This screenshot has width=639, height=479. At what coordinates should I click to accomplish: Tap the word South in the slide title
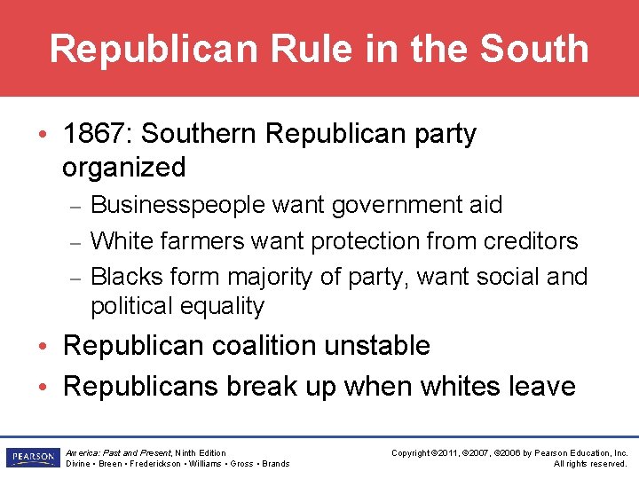tap(533, 49)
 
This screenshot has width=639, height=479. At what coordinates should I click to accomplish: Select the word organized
tap(124, 167)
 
